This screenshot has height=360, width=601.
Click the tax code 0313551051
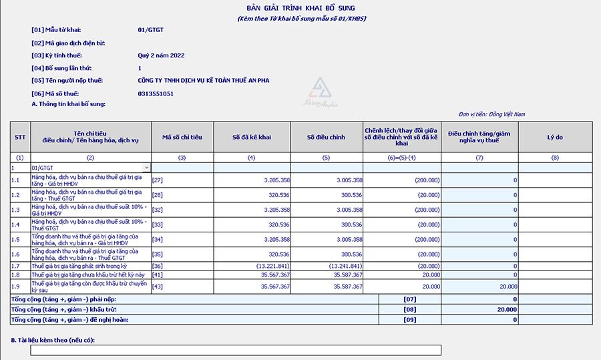point(156,94)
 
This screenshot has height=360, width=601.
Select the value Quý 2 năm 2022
point(161,55)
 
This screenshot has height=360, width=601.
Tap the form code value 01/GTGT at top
point(151,30)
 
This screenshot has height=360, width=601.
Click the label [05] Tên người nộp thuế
point(65,80)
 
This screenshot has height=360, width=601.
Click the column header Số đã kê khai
point(252,137)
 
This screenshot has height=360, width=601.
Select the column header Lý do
point(555,137)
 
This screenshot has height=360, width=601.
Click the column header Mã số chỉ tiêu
point(182,137)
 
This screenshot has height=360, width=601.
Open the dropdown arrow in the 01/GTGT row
point(146,168)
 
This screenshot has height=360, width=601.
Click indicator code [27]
point(158,180)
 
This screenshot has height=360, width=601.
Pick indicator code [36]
point(158,266)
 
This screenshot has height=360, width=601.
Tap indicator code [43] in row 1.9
point(158,287)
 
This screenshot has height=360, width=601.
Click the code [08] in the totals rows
point(409,309)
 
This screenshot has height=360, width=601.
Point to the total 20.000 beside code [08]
point(507,309)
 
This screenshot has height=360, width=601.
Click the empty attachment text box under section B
point(236,350)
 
